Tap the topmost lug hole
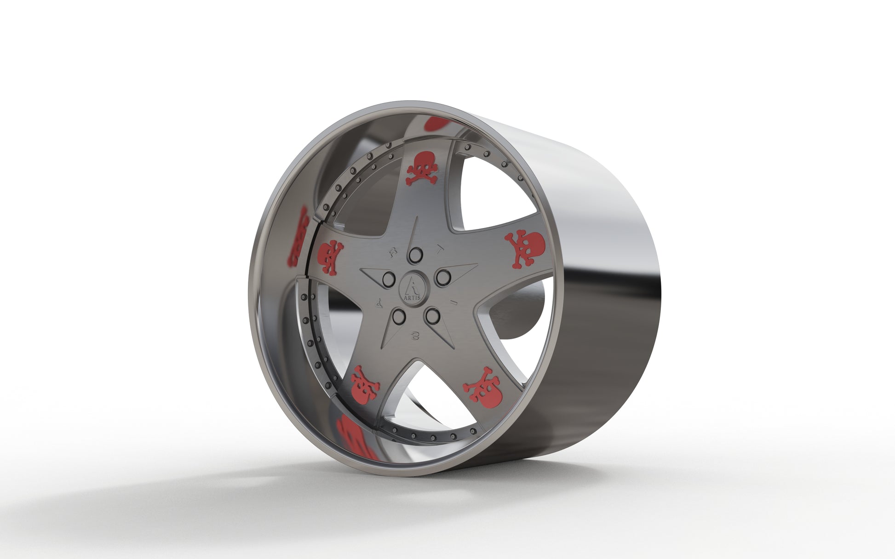click(x=415, y=255)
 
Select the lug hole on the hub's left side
click(x=389, y=279)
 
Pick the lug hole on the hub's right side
click(x=443, y=278)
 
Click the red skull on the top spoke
click(x=422, y=169)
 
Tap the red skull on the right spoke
click(x=525, y=248)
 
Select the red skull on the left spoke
click(x=330, y=257)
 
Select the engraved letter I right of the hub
click(x=453, y=302)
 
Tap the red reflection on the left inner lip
click(x=298, y=237)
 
